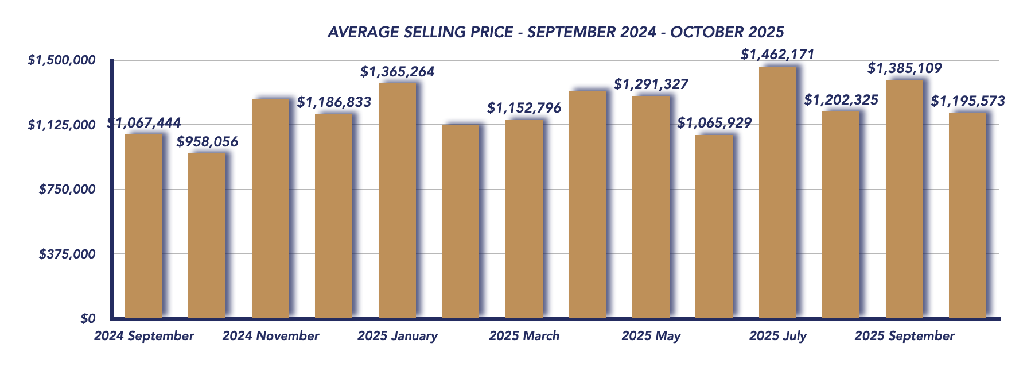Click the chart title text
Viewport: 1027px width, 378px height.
point(555,32)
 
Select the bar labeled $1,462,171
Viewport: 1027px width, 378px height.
point(777,192)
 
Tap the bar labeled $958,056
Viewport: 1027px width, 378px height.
point(207,236)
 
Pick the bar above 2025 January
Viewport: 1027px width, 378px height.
point(397,201)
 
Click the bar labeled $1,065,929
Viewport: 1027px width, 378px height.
point(714,226)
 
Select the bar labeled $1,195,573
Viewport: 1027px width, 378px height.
point(967,215)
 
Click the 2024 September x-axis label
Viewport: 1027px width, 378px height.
point(144,336)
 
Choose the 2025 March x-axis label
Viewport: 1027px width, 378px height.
point(524,336)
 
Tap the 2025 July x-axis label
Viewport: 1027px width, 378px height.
point(777,336)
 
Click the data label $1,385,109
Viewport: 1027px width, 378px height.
point(904,68)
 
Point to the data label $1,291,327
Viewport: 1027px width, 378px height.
point(651,84)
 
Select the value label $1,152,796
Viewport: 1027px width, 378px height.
point(524,107)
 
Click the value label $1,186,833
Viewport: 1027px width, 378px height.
point(334,102)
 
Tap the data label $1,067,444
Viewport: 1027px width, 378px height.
point(144,122)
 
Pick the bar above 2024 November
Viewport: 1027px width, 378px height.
point(270,209)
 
